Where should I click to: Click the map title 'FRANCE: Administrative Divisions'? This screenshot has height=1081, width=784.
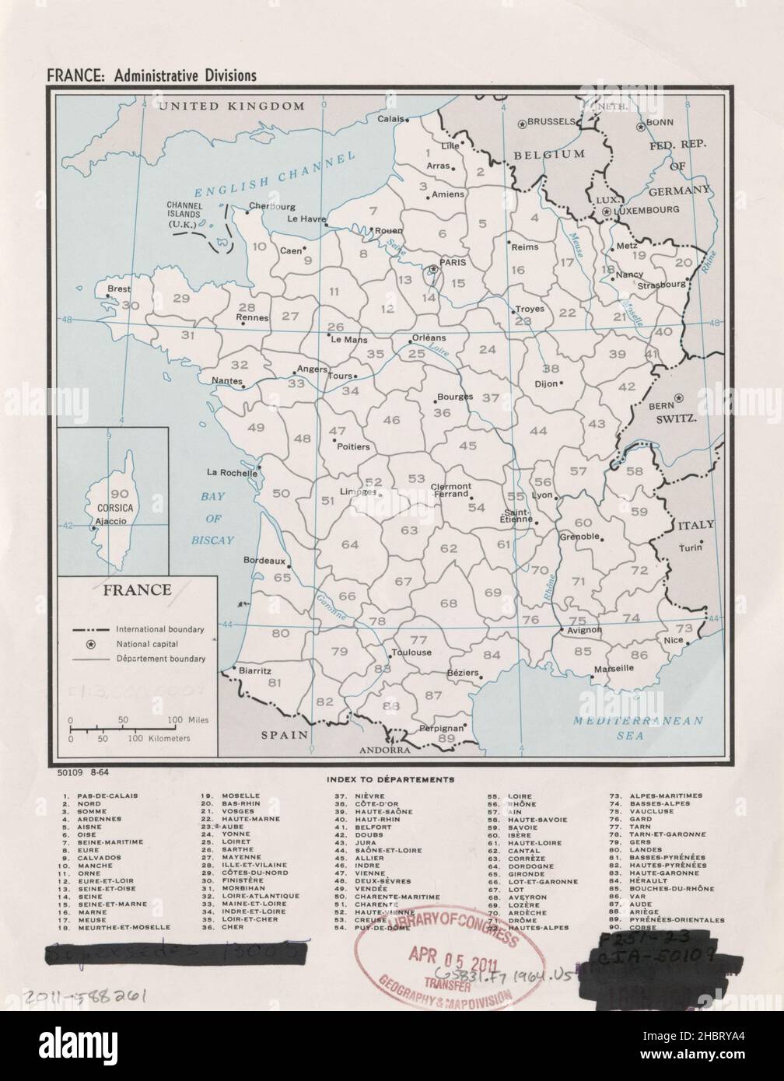point(152,75)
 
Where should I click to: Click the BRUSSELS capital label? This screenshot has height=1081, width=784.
point(551,122)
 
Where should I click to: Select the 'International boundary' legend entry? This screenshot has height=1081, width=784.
point(159,628)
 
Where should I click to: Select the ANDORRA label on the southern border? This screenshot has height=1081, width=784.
point(384,751)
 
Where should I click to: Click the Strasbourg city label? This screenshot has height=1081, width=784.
point(661,285)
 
